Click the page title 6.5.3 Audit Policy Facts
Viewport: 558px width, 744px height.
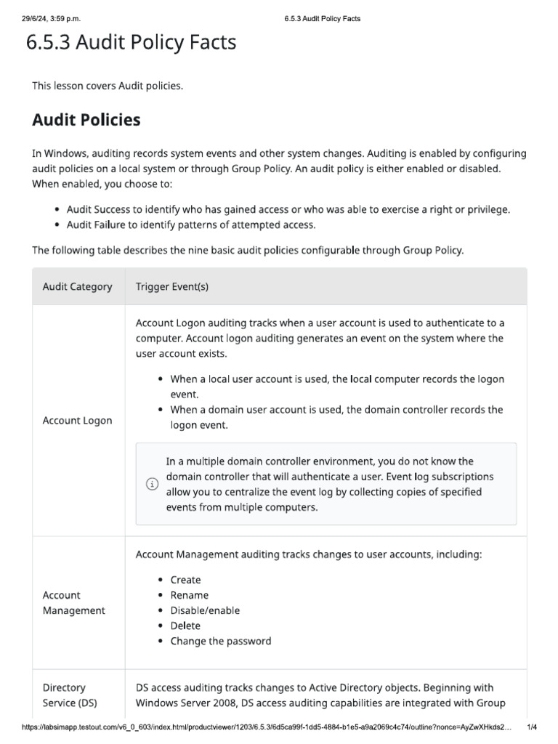point(131,43)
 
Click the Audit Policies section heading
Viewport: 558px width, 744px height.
point(86,120)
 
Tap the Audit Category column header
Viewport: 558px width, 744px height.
point(78,286)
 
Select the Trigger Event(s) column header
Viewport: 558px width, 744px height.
point(172,286)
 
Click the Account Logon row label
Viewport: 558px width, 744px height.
point(78,421)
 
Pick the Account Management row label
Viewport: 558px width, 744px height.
point(73,602)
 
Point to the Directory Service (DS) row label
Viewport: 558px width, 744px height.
point(70,695)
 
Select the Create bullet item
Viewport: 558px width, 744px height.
point(185,580)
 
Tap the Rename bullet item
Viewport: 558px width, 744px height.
point(189,595)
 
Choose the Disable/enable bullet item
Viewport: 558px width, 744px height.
point(205,610)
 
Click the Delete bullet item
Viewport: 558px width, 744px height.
point(185,626)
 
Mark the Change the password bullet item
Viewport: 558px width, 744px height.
point(221,641)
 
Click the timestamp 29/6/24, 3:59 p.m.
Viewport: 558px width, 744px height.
point(51,18)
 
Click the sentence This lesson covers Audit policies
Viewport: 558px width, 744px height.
point(108,86)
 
